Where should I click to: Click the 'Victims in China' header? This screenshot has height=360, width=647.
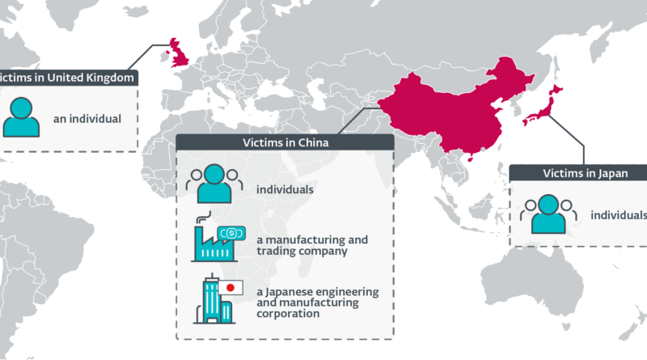pyautogui.click(x=285, y=142)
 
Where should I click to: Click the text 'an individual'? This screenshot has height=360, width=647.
pyautogui.click(x=87, y=119)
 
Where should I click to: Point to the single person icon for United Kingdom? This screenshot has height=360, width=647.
pyautogui.click(x=21, y=117)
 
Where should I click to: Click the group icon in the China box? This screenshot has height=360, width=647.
pyautogui.click(x=214, y=184)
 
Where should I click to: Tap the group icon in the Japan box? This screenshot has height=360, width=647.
pyautogui.click(x=548, y=214)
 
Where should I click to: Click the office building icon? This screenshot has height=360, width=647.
pyautogui.click(x=214, y=299)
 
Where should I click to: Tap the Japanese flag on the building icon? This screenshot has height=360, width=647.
pyautogui.click(x=230, y=288)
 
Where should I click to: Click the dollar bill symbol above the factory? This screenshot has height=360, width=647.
pyautogui.click(x=231, y=233)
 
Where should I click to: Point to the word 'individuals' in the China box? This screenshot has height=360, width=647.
pyautogui.click(x=285, y=189)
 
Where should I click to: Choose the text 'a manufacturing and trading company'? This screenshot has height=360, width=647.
pyautogui.click(x=312, y=245)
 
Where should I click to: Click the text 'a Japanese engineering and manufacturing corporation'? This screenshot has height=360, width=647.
pyautogui.click(x=318, y=303)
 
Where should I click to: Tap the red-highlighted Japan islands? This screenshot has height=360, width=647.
pyautogui.click(x=543, y=106)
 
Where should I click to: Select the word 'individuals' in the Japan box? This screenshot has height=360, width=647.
pyautogui.click(x=619, y=215)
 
